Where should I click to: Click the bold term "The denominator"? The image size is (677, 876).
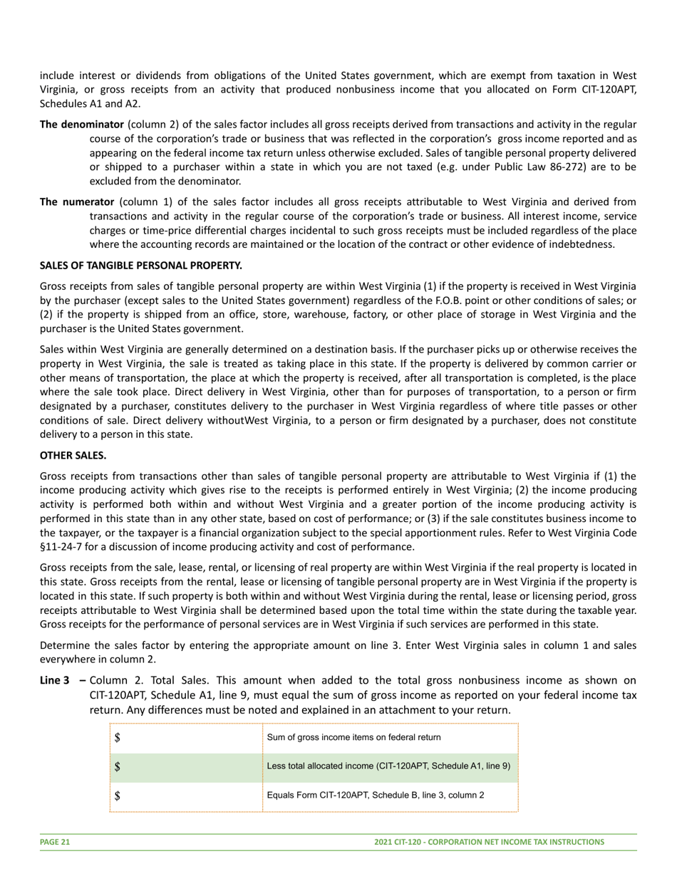[81, 124]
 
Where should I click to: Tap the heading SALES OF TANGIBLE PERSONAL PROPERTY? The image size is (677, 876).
[141, 266]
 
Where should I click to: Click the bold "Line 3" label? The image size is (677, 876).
[55, 680]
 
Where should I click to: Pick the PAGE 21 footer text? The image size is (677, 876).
[55, 842]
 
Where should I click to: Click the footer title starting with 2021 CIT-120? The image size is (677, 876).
[489, 842]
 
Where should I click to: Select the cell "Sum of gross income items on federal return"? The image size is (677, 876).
[353, 737]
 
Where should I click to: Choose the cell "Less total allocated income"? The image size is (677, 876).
[388, 766]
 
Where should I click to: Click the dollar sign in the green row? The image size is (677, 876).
[118, 767]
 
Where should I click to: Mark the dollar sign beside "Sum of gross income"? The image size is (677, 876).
[118, 738]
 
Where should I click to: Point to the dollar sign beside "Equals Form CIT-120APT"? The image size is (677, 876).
[118, 796]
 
